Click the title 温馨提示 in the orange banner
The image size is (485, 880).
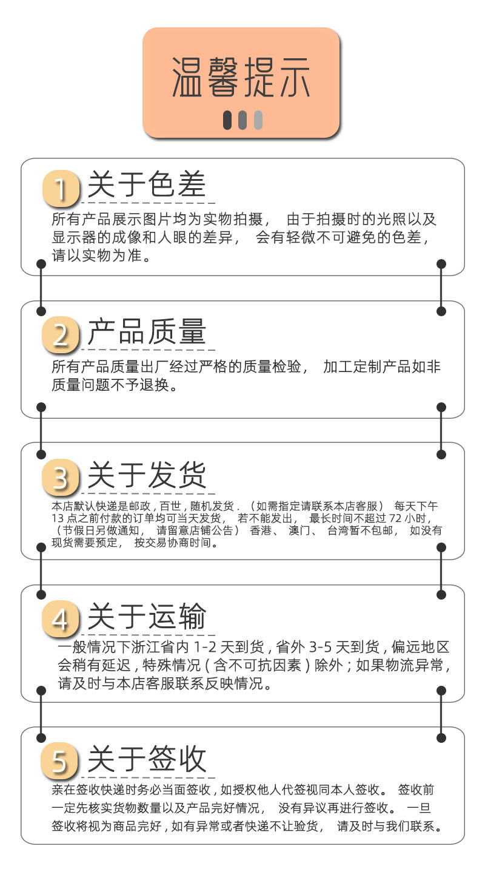point(241,77)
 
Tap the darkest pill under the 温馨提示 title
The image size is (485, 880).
point(227,120)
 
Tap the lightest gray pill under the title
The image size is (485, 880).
point(258,120)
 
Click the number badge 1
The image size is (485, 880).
point(61,188)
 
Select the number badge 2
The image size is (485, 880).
point(61,334)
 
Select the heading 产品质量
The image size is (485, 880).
point(147,331)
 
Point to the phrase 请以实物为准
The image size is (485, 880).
point(100,256)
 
